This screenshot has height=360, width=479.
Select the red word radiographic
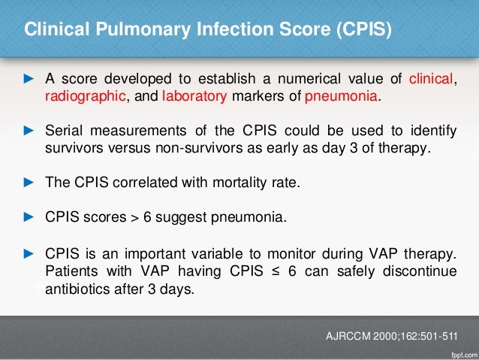coord(86,97)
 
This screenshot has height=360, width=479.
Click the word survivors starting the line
coord(73,147)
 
